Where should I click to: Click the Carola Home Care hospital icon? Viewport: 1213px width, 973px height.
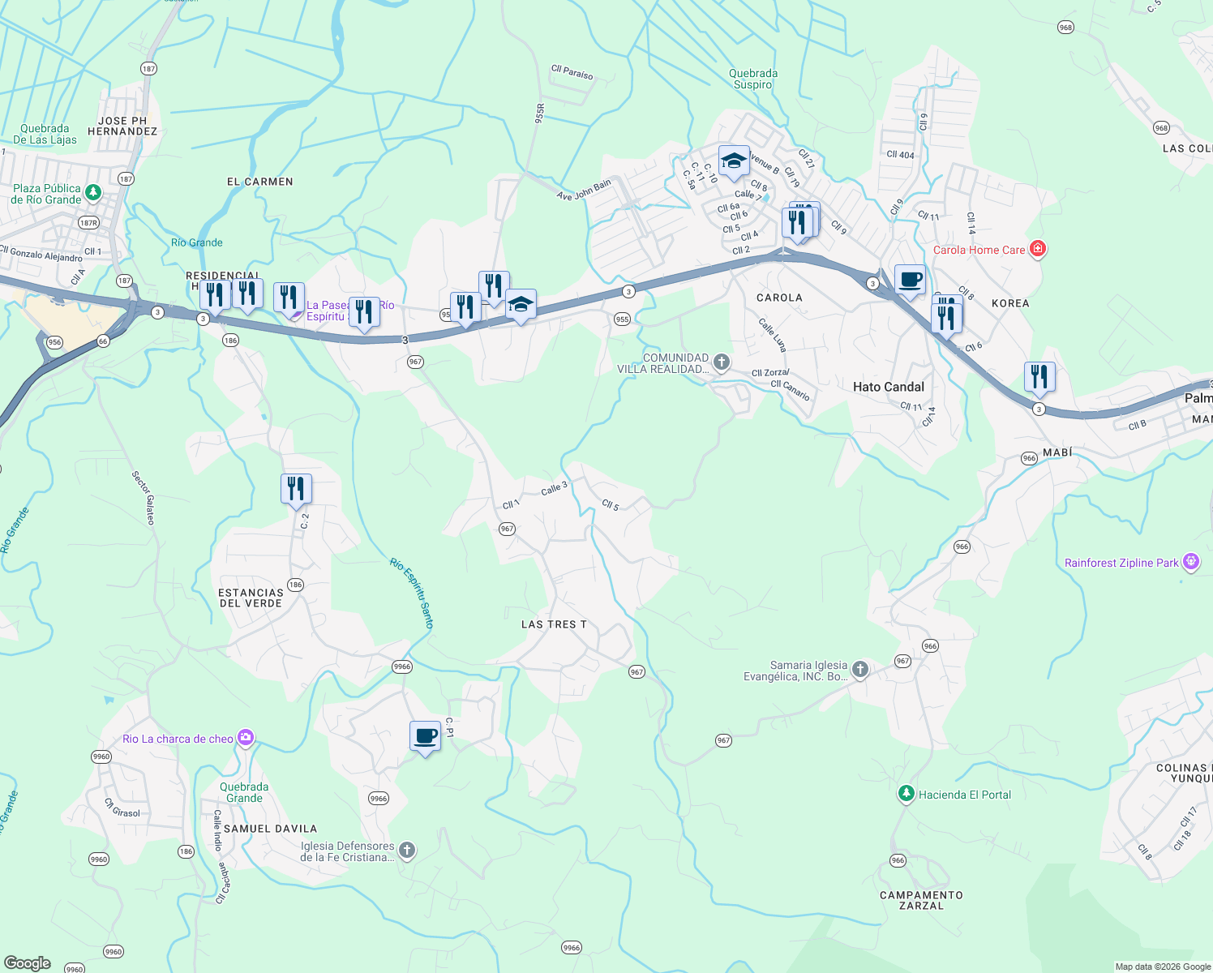coord(1037,249)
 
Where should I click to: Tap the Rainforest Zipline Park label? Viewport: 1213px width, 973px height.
coord(1121,563)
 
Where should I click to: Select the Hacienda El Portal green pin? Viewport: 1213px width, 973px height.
coord(906,794)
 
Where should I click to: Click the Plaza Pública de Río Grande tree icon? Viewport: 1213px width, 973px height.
coord(93,193)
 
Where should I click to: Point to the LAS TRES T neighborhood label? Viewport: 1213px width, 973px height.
coord(553,624)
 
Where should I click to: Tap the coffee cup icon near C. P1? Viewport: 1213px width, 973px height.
coord(425,736)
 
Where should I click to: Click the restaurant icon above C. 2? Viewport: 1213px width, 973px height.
coord(296,489)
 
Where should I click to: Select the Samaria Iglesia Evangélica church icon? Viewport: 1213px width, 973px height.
coord(860,670)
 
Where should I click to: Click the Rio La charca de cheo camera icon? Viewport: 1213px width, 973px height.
coord(246,738)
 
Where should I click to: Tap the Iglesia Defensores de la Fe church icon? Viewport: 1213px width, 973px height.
coord(407,851)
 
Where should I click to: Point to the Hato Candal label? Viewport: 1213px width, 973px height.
coord(888,387)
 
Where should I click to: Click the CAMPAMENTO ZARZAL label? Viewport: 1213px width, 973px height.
coord(921,900)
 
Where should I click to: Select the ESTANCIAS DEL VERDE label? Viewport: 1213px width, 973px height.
coord(251,598)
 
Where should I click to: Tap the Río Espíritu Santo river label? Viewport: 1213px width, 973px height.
coord(412,593)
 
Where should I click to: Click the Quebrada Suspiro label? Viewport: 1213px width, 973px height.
coord(753,79)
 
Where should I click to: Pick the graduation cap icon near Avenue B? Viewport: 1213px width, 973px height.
coord(734,161)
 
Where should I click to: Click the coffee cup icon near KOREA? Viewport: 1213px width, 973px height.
coord(910,280)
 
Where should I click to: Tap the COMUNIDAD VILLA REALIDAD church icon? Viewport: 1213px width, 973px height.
coord(721,362)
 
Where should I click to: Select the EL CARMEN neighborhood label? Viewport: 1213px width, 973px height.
coord(259,182)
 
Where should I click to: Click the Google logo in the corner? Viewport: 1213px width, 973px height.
coord(28,963)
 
